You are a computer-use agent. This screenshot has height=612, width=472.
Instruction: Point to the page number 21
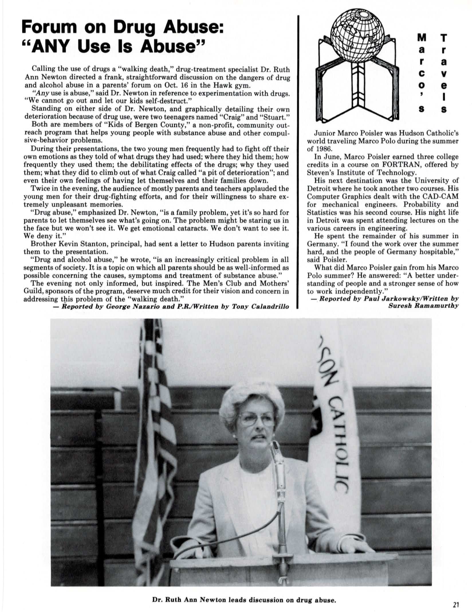click(x=456, y=605)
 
